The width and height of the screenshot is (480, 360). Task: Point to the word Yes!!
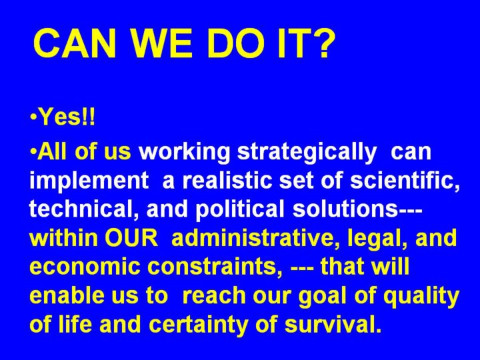point(67,117)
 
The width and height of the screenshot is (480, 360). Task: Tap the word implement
point(89,182)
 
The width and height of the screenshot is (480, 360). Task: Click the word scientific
point(405,181)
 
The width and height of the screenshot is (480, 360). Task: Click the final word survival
point(333,324)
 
